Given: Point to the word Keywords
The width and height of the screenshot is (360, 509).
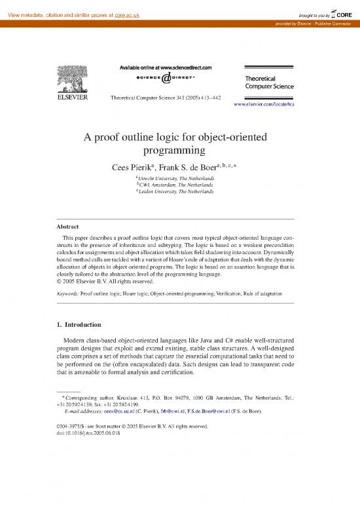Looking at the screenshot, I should point(68,295).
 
